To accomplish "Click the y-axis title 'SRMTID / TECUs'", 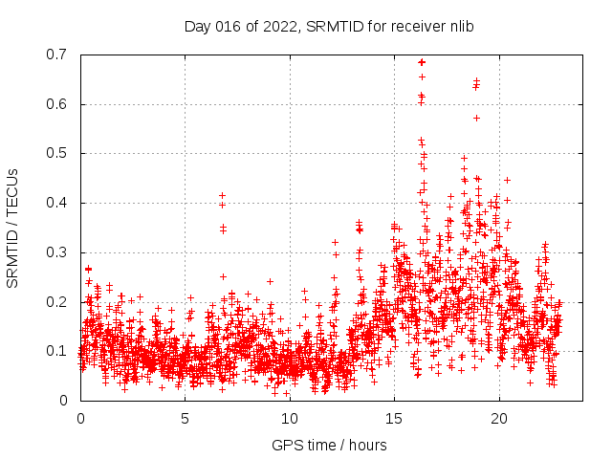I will (13, 228).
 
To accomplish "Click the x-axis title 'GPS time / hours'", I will (329, 445).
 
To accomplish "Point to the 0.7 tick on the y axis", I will (59, 55).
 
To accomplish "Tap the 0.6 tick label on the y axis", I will (59, 104).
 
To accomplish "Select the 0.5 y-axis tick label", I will (59, 153).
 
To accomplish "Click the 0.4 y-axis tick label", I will (59, 203).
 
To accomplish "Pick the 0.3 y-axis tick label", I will (59, 252).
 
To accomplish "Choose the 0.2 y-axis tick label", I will (59, 302).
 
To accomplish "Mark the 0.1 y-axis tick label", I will (59, 351).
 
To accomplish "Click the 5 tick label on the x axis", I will (186, 419).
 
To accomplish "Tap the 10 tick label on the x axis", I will (290, 419).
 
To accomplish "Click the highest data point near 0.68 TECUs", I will (422, 62).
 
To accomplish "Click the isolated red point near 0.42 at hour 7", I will (222, 195).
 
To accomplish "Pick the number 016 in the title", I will (226, 26).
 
